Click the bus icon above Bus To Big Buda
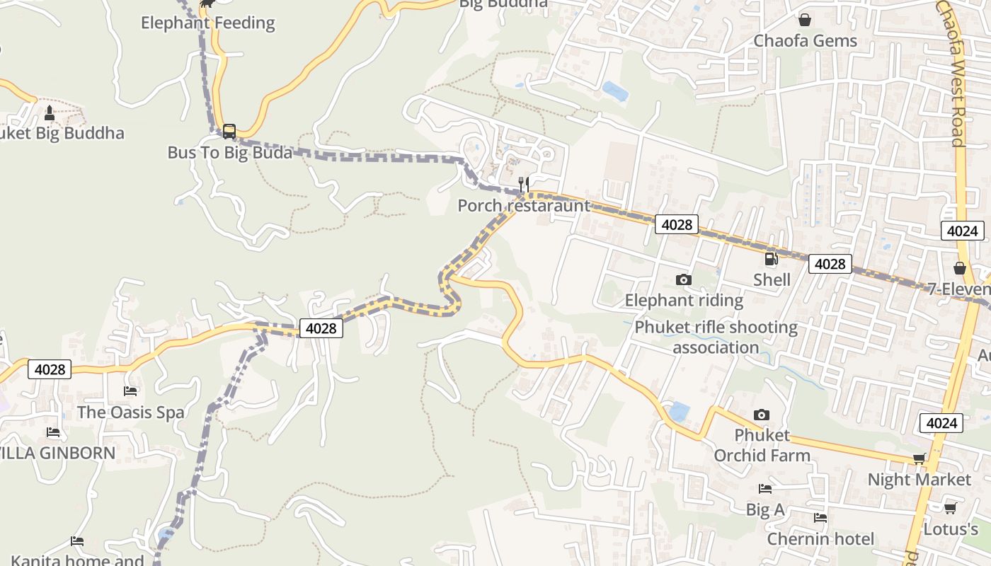[x=229, y=131]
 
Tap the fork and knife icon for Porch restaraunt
[x=524, y=185]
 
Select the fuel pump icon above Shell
[x=772, y=259]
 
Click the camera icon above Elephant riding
[x=683, y=279]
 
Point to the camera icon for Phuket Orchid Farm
[x=762, y=415]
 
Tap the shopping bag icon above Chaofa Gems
[x=805, y=20]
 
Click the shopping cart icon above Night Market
[x=919, y=459]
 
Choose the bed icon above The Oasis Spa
[x=130, y=391]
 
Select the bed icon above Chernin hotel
[x=820, y=518]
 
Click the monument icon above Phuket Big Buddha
[x=50, y=112]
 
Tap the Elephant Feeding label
[x=207, y=23]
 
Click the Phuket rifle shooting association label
[x=716, y=337]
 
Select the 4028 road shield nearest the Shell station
[x=830, y=264]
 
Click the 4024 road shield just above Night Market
[x=941, y=423]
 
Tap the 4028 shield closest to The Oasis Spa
[x=50, y=369]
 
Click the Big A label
[x=765, y=509]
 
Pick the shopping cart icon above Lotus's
[x=951, y=509]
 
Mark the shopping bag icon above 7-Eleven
[x=960, y=268]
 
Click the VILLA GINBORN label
[x=57, y=453]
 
